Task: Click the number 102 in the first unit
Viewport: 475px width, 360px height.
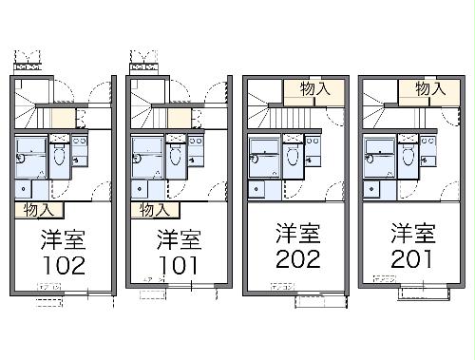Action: coord(64,263)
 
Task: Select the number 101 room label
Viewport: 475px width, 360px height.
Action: coord(177,263)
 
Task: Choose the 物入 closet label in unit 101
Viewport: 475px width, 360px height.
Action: coord(155,209)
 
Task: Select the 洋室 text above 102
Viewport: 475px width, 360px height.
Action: coord(63,237)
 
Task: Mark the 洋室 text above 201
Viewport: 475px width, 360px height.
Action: coord(410,233)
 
